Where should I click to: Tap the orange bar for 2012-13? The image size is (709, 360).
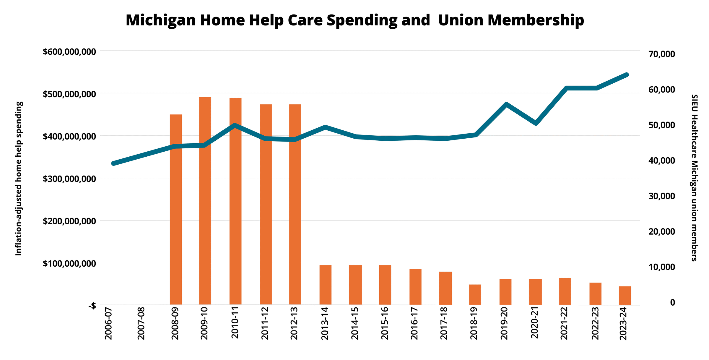[x=295, y=204]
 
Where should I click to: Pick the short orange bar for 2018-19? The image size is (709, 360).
[x=475, y=294]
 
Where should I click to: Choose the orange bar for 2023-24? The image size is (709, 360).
[x=625, y=295]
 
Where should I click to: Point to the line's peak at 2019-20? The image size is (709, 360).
[x=506, y=104]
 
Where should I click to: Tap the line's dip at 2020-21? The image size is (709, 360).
[x=536, y=123]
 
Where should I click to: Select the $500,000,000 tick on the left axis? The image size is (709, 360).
[x=69, y=94]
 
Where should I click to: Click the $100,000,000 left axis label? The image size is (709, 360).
[x=69, y=264]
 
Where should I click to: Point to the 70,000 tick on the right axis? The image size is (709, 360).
[x=661, y=54]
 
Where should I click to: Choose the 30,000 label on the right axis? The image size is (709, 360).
[x=661, y=196]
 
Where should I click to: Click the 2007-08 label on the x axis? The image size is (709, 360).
[x=142, y=323]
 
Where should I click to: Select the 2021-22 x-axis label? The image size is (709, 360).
[x=564, y=323]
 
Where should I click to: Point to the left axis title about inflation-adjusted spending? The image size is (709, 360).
[x=19, y=179]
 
